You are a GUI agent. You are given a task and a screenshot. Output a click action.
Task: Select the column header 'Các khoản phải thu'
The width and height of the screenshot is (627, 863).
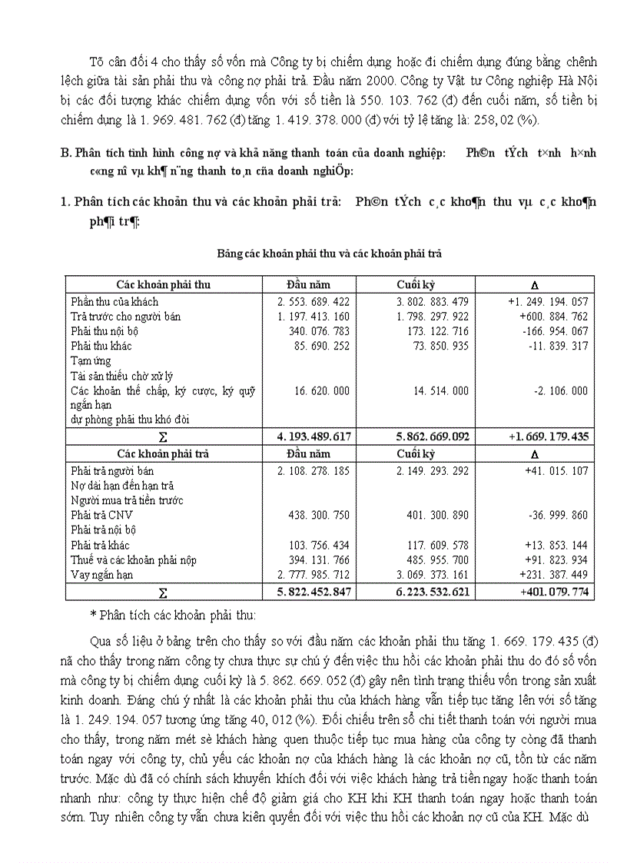tap(163, 284)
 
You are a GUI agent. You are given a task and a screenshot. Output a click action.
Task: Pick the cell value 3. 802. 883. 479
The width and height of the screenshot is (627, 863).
tap(433, 302)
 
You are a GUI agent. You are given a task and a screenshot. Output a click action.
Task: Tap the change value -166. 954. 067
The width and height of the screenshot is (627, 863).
tap(552, 331)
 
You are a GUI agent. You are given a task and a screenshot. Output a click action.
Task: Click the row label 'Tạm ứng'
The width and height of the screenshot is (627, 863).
tap(91, 360)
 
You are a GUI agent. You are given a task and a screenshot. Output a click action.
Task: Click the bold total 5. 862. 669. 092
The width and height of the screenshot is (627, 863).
tap(433, 436)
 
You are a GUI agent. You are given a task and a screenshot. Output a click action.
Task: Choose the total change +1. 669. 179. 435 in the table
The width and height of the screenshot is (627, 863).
tap(549, 436)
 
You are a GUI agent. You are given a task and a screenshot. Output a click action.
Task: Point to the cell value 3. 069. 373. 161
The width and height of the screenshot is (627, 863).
tap(433, 574)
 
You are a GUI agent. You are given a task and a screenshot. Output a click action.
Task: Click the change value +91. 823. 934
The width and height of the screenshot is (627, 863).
tap(555, 559)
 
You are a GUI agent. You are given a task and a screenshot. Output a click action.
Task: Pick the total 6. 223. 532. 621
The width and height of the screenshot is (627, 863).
tap(433, 592)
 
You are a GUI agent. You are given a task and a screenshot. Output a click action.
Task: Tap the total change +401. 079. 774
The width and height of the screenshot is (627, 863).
tap(554, 592)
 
